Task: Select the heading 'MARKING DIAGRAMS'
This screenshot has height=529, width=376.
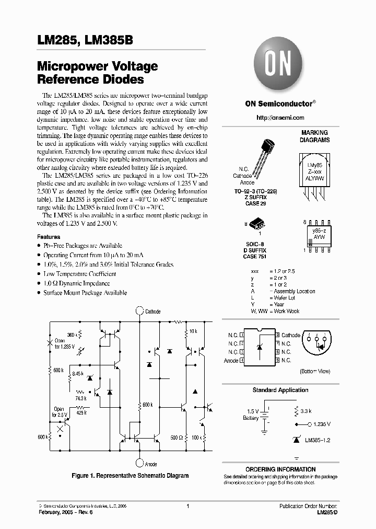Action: [314, 136]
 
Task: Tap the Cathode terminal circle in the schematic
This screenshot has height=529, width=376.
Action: [139, 312]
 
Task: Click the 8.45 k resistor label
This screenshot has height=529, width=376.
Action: [77, 373]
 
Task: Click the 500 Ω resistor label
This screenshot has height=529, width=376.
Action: [176, 436]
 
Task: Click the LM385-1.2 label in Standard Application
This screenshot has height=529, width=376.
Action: [318, 441]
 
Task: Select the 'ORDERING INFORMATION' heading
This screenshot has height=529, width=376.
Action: [280, 469]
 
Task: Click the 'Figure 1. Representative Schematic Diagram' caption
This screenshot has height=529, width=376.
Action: [130, 476]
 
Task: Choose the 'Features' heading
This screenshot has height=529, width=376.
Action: [49, 237]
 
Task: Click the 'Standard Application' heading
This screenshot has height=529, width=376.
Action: [280, 390]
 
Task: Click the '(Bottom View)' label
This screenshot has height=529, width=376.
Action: [315, 371]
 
